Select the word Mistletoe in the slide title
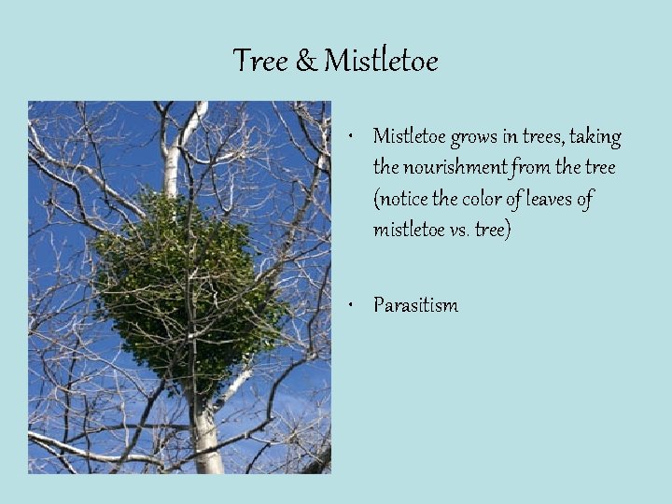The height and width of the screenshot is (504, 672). [x=381, y=62]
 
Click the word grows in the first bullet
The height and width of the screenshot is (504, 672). [x=473, y=138]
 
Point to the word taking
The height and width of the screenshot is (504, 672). [x=595, y=137]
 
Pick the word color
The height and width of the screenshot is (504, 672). [x=483, y=199]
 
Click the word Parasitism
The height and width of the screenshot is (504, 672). [x=415, y=305]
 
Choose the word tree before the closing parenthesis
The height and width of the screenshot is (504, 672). [x=493, y=230]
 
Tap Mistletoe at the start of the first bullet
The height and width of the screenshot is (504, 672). [x=409, y=137]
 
